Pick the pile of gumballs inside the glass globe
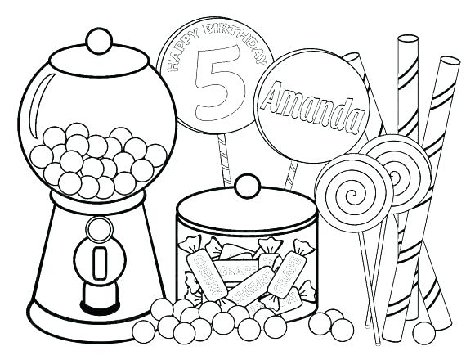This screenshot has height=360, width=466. click(x=98, y=160)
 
